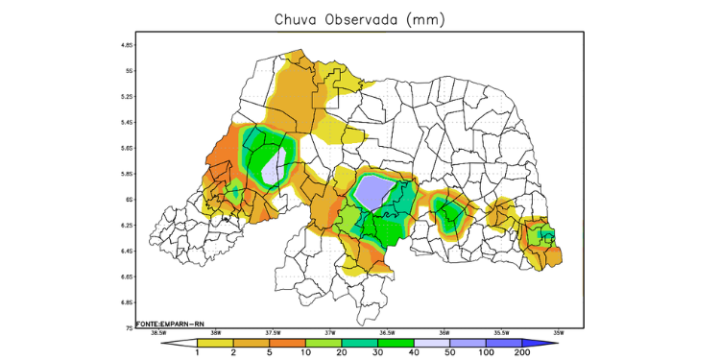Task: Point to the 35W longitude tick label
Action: pyautogui.click(x=559, y=334)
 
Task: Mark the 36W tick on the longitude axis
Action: pyautogui.click(x=444, y=334)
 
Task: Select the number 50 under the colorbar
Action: pyautogui.click(x=448, y=352)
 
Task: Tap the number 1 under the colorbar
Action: pyautogui.click(x=197, y=352)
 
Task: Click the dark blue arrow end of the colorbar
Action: pyautogui.click(x=539, y=342)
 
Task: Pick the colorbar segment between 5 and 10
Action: pyautogui.click(x=287, y=342)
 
